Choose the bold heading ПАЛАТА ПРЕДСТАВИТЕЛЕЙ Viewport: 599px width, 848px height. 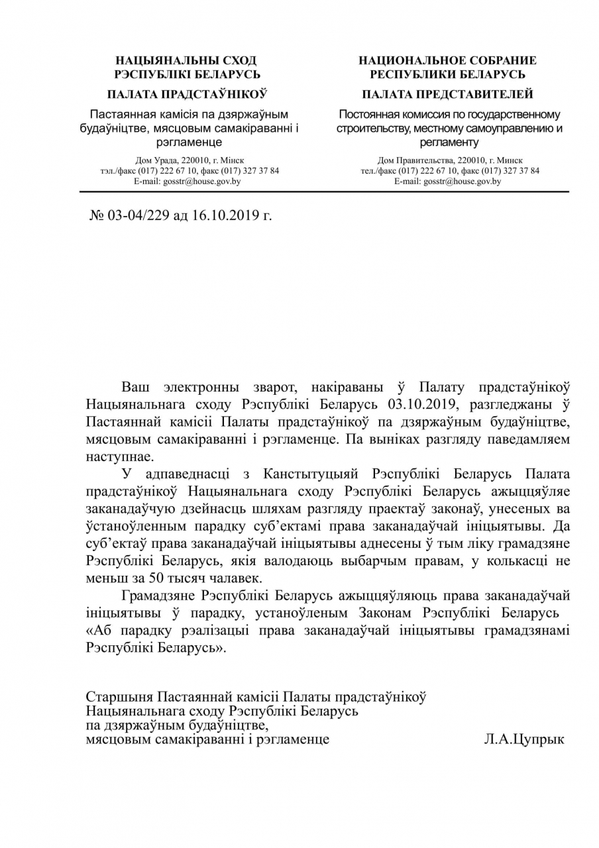click(448, 94)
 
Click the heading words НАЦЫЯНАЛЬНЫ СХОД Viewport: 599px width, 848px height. click(186, 60)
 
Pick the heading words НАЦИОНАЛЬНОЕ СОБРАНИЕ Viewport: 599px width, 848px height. click(448, 60)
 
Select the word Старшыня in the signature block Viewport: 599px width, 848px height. click(119, 697)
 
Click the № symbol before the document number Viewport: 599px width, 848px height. click(98, 215)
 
